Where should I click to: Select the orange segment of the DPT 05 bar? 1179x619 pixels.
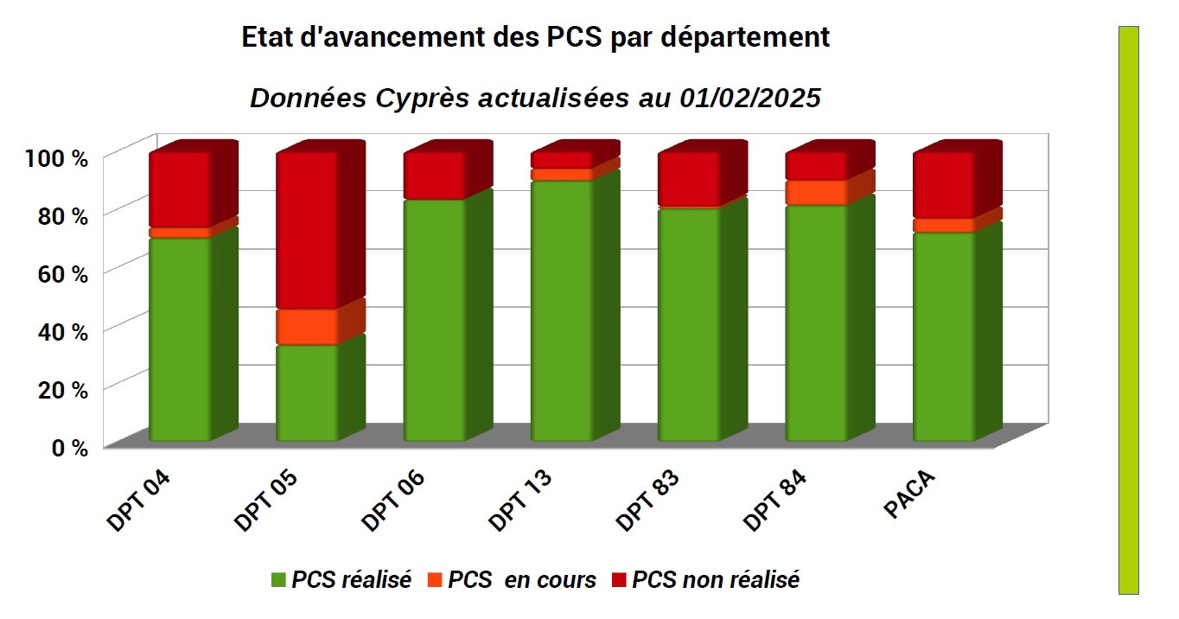(x=307, y=327)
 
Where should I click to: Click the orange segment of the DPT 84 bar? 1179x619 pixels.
(x=816, y=192)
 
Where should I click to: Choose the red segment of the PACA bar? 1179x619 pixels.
(x=944, y=185)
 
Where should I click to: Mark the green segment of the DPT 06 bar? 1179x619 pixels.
(x=435, y=320)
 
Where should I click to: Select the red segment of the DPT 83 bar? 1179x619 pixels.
(x=689, y=180)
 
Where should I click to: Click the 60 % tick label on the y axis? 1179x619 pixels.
(x=64, y=273)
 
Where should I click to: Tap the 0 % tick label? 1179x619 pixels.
(x=70, y=447)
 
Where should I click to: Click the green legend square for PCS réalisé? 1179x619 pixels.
(x=278, y=580)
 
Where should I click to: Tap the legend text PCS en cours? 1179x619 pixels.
(x=522, y=580)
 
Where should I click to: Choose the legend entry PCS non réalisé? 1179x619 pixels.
(x=715, y=580)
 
